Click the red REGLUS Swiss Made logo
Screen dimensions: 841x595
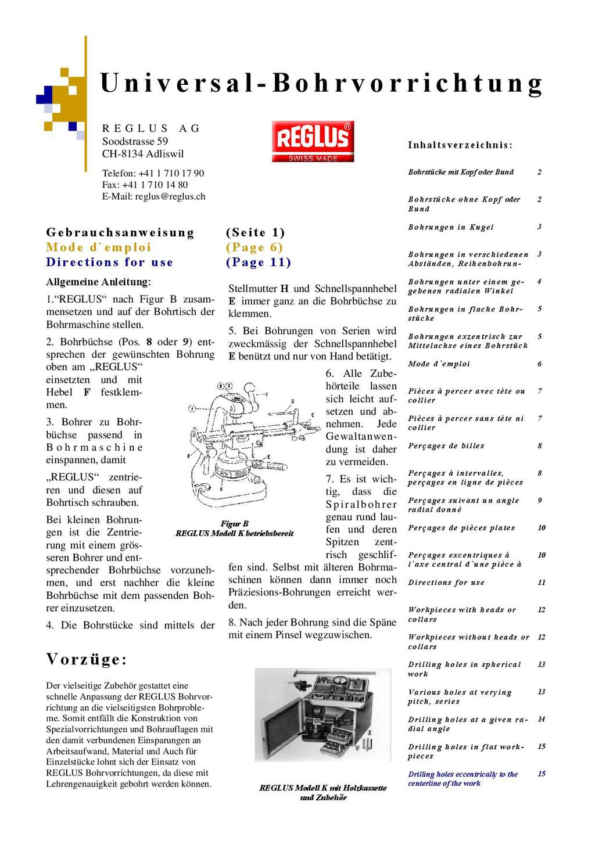click(313, 141)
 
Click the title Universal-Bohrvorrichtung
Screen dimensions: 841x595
click(321, 83)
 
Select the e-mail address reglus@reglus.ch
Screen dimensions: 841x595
click(170, 196)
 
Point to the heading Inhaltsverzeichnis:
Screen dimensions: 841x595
click(460, 145)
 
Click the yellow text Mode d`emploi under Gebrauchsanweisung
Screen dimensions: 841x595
click(99, 247)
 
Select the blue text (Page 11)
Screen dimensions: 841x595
click(259, 262)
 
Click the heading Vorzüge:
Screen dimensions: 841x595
click(87, 659)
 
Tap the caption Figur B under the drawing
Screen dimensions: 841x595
click(234, 524)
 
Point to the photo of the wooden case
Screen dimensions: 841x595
click(322, 714)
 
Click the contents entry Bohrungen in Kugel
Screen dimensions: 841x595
click(451, 227)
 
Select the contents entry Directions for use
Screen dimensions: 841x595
click(446, 583)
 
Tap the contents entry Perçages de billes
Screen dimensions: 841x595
click(446, 446)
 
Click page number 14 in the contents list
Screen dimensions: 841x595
click(541, 719)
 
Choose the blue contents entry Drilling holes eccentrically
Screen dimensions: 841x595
click(463, 778)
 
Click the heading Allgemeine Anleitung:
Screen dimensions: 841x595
click(98, 282)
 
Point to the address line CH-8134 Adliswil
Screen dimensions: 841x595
click(143, 154)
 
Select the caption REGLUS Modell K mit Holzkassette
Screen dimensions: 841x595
click(323, 788)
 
